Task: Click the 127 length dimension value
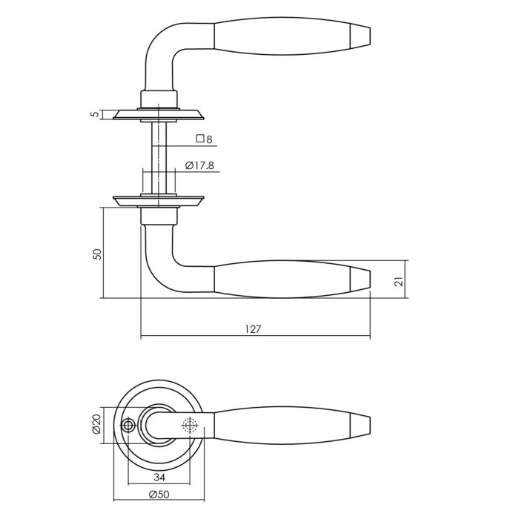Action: pos(254,329)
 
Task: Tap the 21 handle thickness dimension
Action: pos(400,281)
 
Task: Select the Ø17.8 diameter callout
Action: pos(199,165)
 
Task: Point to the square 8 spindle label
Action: pos(204,139)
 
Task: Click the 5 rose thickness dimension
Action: pos(96,114)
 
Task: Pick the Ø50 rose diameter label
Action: pos(159,495)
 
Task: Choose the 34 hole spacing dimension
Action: pos(159,477)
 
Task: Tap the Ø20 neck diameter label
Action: pos(96,424)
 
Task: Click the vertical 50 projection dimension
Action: pos(98,254)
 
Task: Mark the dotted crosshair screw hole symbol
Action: pos(190,425)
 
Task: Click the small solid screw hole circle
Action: pos(128,426)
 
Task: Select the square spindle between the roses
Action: pos(159,158)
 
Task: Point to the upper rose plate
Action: pos(159,114)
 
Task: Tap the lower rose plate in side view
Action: pos(159,202)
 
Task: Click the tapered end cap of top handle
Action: pos(360,35)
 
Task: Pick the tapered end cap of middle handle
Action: pos(360,280)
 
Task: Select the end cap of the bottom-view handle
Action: pos(360,426)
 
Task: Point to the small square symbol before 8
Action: pos(200,139)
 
